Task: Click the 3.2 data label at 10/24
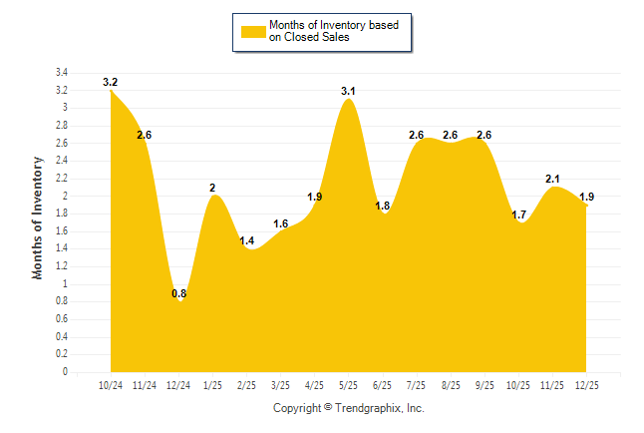coord(111,82)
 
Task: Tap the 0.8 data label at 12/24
coord(179,294)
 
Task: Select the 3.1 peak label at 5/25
coord(348,92)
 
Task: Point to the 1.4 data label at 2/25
coord(247,242)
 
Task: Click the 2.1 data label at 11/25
coord(552,180)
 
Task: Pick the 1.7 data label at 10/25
coord(518,215)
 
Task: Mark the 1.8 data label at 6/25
coord(382,207)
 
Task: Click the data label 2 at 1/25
coord(212,188)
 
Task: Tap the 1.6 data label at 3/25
coord(280,224)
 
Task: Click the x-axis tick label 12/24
coord(178,384)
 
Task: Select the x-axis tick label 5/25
coord(348,384)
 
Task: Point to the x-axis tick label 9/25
coord(484,384)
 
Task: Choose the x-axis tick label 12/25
coord(586,384)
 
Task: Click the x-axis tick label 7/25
coord(417,384)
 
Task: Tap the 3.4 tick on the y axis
coord(61,73)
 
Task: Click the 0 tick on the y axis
coord(65,372)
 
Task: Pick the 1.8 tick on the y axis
coord(61,214)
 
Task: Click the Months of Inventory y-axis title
coord(38,216)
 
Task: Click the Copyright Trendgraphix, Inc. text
coord(349,409)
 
